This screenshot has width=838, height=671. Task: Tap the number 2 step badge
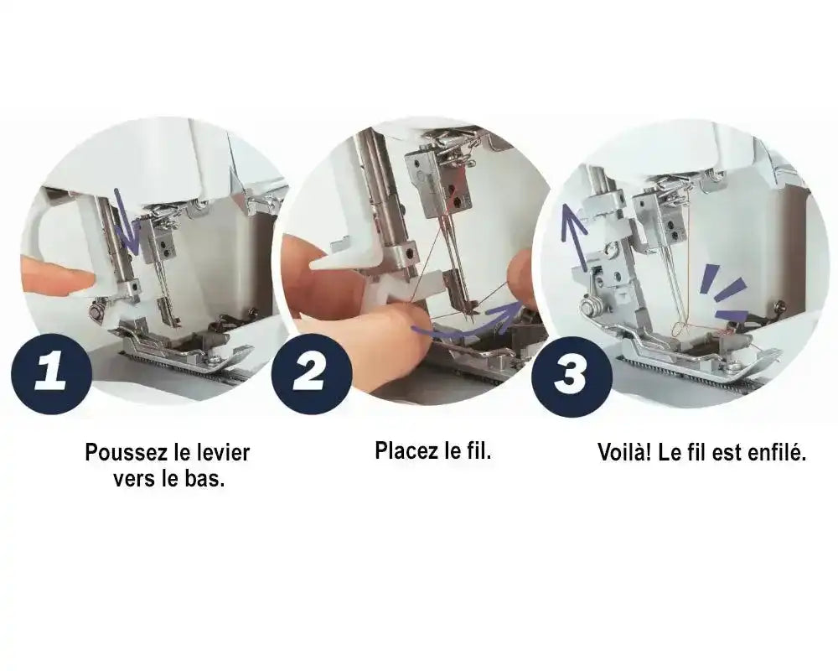tap(312, 373)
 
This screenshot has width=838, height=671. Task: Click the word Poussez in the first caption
tap(125, 453)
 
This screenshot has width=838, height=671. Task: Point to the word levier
tap(225, 453)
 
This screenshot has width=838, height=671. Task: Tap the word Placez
tap(406, 450)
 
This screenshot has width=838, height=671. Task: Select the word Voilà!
tap(624, 452)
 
